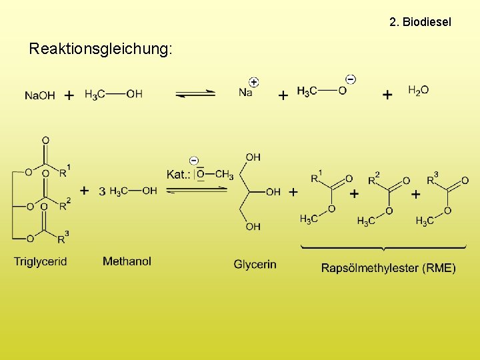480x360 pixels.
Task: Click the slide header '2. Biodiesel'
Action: (x=420, y=22)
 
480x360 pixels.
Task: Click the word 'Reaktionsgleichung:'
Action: (x=101, y=49)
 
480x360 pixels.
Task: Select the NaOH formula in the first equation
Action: (x=40, y=95)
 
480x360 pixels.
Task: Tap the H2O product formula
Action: (x=418, y=91)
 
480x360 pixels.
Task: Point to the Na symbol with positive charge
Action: (x=245, y=93)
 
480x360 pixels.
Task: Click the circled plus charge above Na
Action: (x=254, y=82)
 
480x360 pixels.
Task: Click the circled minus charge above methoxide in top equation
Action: (x=351, y=79)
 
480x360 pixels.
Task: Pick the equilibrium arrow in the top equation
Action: (x=195, y=94)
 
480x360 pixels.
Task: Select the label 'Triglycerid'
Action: (x=41, y=261)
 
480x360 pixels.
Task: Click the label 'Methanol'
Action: (x=127, y=261)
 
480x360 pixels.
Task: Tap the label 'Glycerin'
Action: (x=255, y=264)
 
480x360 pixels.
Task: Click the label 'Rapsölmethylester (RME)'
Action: (x=389, y=268)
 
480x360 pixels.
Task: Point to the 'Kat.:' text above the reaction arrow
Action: (x=178, y=175)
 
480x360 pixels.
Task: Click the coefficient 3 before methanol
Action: (x=102, y=191)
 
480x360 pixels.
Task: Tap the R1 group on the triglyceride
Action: (x=63, y=173)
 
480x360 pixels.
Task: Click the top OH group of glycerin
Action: (x=253, y=157)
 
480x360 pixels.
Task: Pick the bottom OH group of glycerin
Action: (x=253, y=227)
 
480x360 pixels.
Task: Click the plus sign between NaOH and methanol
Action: (x=69, y=95)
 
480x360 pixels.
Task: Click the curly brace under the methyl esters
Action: (x=381, y=248)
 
